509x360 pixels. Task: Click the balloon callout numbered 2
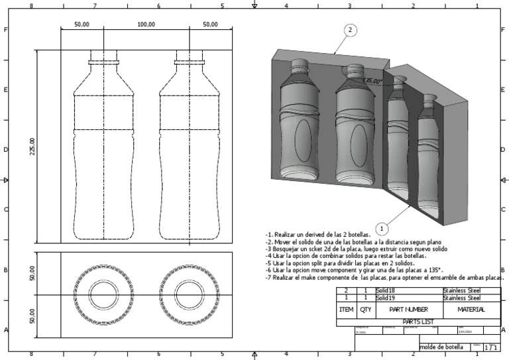[351, 30]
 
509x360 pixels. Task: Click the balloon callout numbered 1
[382, 229]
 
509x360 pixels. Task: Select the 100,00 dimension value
[146, 25]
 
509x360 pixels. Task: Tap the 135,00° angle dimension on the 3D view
[372, 81]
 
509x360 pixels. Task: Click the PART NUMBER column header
[408, 310]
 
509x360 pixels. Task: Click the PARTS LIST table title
[418, 322]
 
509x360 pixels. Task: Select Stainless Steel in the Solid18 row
[461, 291]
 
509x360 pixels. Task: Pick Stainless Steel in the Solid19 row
[461, 298]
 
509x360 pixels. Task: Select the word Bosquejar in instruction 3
[286, 249]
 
